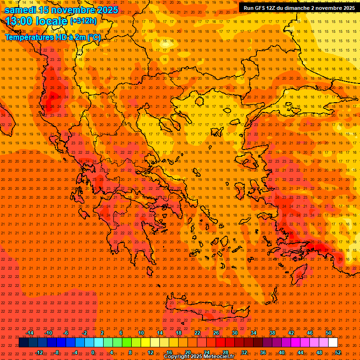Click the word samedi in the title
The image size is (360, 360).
(20, 10)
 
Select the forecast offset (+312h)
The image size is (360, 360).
(83, 21)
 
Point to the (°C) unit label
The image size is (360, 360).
(93, 37)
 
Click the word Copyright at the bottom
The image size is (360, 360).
(177, 357)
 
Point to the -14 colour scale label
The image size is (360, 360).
(30, 333)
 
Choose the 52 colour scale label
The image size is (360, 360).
(337, 352)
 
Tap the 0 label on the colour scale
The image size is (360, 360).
(93, 352)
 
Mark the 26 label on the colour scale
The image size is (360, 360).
(216, 333)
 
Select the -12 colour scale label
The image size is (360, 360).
(39, 352)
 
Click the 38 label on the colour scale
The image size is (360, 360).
(272, 333)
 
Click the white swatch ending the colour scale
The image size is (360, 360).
(333, 343)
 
